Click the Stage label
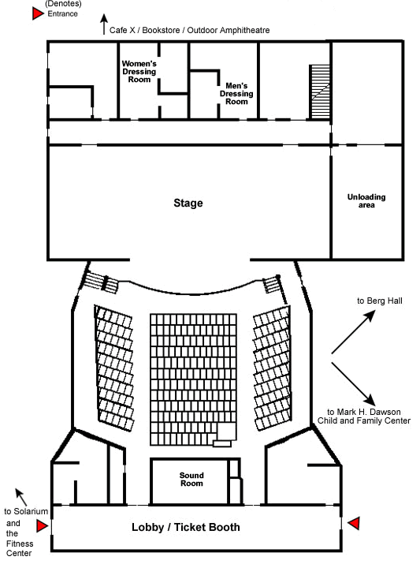click(x=188, y=203)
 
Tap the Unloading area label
click(x=366, y=201)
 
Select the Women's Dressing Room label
click(x=139, y=72)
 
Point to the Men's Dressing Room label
click(x=236, y=94)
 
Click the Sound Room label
click(x=191, y=480)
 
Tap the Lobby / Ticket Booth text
click(x=186, y=527)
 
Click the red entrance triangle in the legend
click(x=38, y=13)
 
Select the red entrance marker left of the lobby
click(x=42, y=525)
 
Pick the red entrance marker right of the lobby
click(x=354, y=523)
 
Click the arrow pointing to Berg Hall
click(x=353, y=332)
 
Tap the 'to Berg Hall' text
click(x=380, y=301)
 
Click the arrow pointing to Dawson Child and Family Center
click(x=353, y=384)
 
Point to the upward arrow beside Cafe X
click(x=104, y=24)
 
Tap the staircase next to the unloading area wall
click(x=320, y=92)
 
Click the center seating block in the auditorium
click(x=193, y=379)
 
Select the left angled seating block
click(x=114, y=368)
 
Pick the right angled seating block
click(x=272, y=368)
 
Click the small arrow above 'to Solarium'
click(x=21, y=498)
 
